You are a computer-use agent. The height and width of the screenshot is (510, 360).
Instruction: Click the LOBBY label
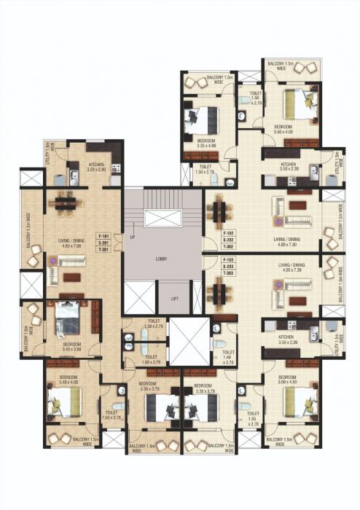pyautogui.click(x=163, y=258)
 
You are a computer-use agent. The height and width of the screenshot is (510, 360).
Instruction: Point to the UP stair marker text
pyautogui.click(x=132, y=238)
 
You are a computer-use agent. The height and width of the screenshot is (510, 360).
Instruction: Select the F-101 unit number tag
pyautogui.click(x=103, y=236)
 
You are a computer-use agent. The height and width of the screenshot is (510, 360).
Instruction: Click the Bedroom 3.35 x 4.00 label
pyautogui.click(x=206, y=142)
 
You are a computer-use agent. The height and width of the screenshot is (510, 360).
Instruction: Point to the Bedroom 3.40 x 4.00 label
pyautogui.click(x=60, y=380)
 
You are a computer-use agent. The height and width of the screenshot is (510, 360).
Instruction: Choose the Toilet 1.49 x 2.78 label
pyautogui.click(x=227, y=356)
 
